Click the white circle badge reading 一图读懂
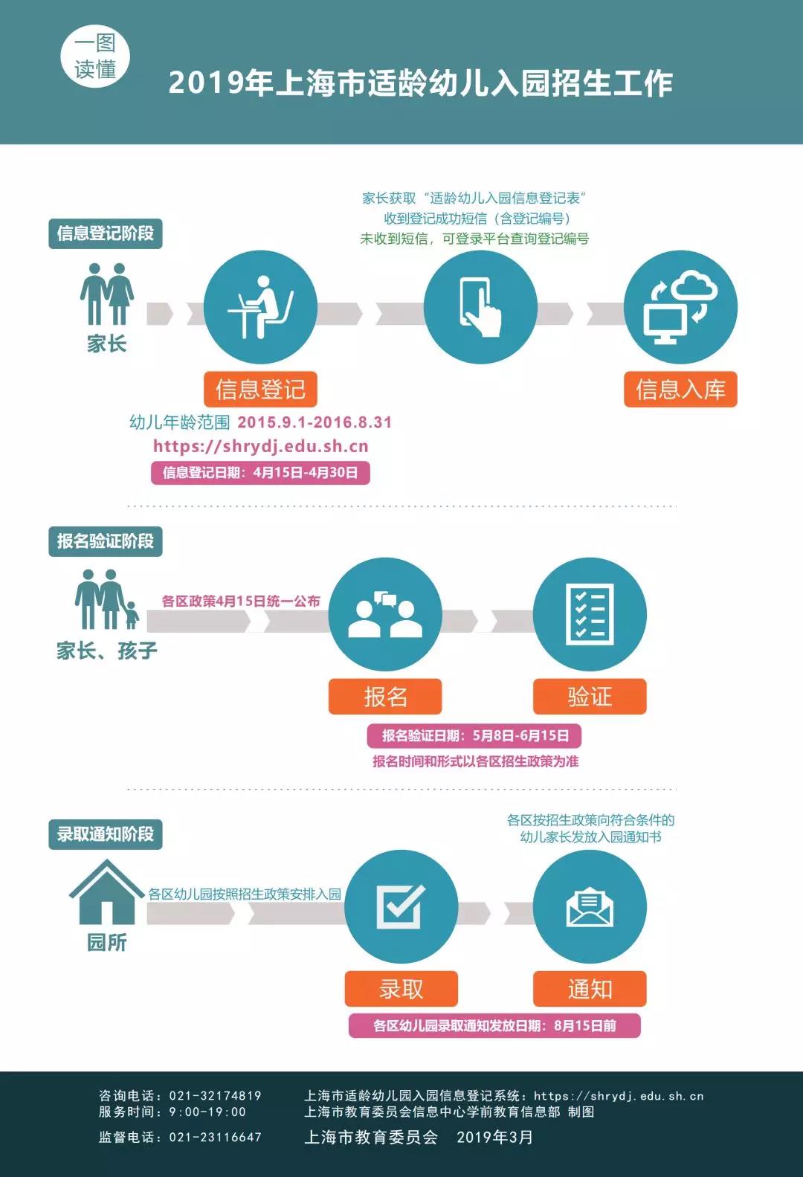click(95, 57)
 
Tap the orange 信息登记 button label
click(261, 390)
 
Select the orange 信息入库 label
click(680, 390)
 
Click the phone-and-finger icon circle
click(480, 307)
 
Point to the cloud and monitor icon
click(680, 307)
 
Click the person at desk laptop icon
click(261, 307)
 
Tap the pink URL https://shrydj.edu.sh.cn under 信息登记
click(261, 446)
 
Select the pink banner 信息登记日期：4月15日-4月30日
click(261, 472)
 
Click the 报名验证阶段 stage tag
click(106, 541)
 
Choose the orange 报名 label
click(385, 697)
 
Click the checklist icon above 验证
click(590, 614)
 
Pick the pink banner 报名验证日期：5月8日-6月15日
click(474, 735)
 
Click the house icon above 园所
click(106, 892)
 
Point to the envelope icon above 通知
click(590, 906)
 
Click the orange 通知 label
click(590, 989)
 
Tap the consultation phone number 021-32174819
click(215, 1095)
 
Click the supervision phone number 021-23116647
click(215, 1137)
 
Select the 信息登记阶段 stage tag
click(106, 233)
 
